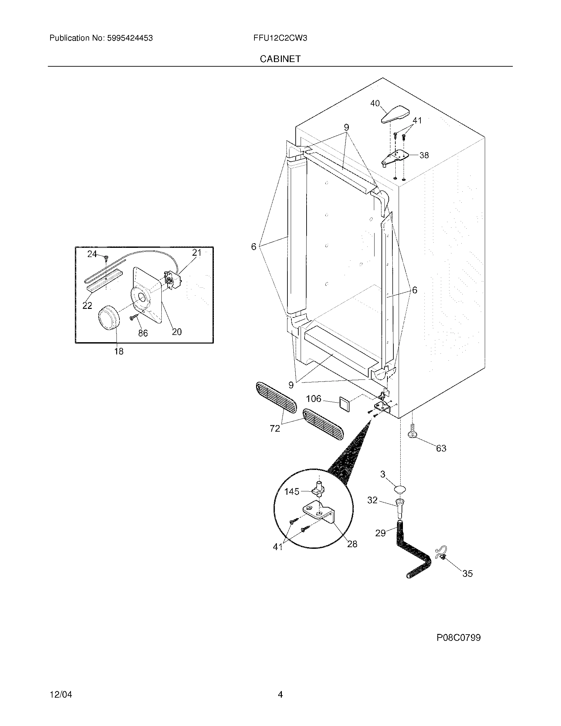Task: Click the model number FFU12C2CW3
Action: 280,38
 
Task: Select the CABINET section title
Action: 280,59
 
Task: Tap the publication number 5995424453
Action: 130,38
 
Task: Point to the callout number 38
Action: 424,155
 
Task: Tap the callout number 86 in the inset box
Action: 143,333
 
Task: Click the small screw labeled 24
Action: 106,257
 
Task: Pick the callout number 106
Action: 313,399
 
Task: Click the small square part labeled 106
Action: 344,404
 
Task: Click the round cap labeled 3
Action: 400,489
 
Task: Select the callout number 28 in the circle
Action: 352,544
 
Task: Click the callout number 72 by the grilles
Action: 275,429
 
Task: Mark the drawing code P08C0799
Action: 458,638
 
